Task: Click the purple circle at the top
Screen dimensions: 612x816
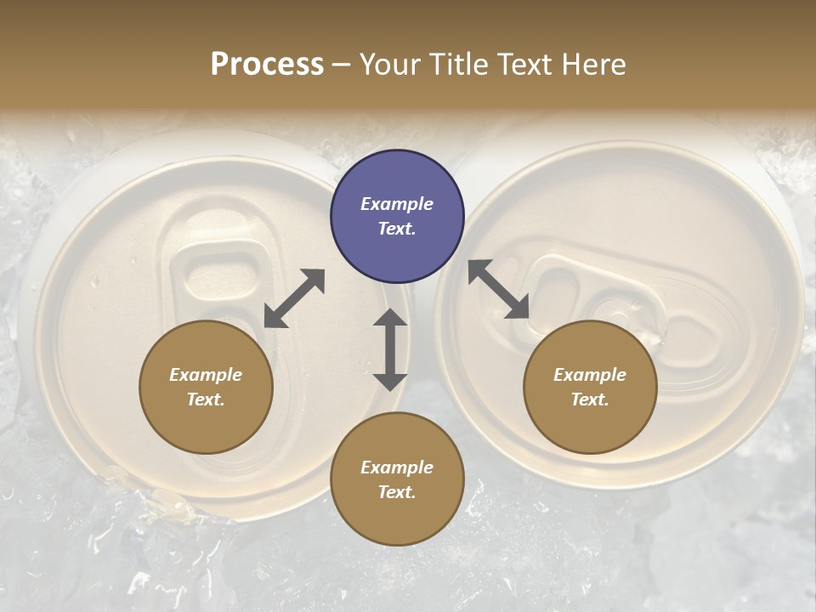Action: pos(397,217)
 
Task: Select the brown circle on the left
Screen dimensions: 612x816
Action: pos(206,387)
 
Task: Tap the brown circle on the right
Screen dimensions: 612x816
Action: pos(590,387)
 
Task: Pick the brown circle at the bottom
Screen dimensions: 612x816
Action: pos(397,479)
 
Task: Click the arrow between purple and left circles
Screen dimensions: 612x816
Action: pos(294,298)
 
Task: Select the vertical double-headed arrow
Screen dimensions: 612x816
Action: pos(390,349)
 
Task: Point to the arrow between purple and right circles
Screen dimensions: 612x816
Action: pos(499,290)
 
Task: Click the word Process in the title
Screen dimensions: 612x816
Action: pos(267,64)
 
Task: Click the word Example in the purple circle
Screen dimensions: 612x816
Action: pos(397,204)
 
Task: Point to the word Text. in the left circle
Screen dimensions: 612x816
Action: pos(206,399)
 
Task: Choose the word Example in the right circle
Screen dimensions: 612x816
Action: pos(590,375)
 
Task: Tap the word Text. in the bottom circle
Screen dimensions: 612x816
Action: pos(397,492)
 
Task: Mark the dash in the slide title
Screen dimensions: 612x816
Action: pos(342,65)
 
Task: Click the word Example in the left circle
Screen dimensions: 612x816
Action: pos(206,375)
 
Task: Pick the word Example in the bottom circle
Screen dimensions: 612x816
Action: pos(397,467)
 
